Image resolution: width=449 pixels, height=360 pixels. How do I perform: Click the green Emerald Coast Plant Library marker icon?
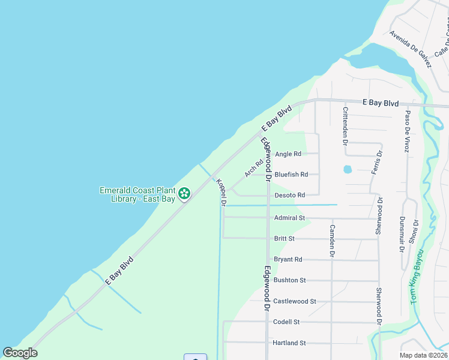[x=185, y=193]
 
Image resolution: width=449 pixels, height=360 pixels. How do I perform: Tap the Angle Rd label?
[x=288, y=154]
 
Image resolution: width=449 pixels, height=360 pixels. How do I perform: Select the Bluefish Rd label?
[x=291, y=175]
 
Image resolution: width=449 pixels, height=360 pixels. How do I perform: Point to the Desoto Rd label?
[x=290, y=195]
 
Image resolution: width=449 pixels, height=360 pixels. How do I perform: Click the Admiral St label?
[x=289, y=218]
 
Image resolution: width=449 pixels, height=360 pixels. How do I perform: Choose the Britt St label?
[x=284, y=238]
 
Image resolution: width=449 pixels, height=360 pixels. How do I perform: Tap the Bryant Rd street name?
[x=288, y=259]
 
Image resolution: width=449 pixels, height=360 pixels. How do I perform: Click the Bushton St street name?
[x=290, y=280]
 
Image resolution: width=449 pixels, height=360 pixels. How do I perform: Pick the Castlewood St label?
[x=294, y=301]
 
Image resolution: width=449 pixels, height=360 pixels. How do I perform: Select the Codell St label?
[x=286, y=322]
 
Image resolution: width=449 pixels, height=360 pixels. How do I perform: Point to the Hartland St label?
[x=289, y=343]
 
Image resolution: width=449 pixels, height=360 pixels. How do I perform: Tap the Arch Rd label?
[x=254, y=167]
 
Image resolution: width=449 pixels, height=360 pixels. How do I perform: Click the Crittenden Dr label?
[x=345, y=126]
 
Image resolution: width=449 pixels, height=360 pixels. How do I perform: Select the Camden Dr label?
[x=331, y=241]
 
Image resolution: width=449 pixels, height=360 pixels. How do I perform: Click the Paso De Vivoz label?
[x=407, y=130]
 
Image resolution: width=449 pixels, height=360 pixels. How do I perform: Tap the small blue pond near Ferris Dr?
[x=348, y=169]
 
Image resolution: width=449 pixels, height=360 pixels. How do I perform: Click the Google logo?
[x=20, y=353]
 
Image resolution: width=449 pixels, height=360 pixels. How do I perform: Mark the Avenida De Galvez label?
[x=410, y=50]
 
